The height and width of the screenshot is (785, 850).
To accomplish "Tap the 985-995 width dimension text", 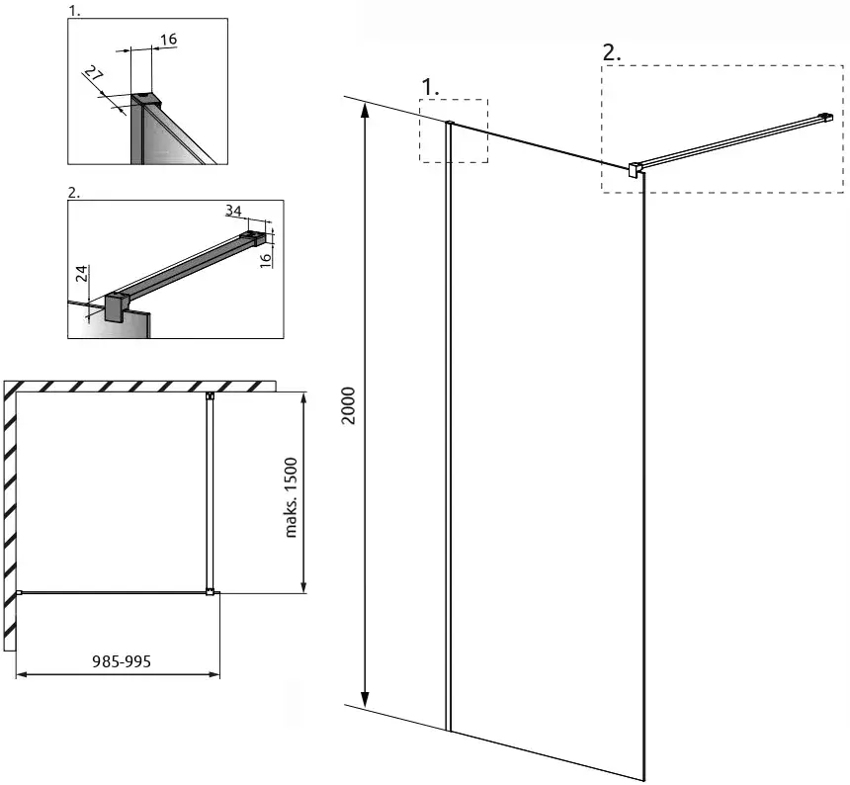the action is (122, 661).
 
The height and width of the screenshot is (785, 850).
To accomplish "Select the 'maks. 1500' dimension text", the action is (292, 497).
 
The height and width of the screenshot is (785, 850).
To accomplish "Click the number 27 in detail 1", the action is (93, 73).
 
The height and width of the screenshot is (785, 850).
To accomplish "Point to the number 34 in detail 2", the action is (233, 211).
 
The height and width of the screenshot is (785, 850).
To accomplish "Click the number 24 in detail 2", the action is (81, 274).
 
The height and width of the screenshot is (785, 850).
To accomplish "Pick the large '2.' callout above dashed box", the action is (612, 53).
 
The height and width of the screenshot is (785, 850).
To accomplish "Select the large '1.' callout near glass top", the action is (430, 87).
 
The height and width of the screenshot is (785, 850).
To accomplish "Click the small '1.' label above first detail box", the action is (74, 10).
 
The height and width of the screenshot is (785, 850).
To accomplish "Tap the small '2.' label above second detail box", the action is (74, 193).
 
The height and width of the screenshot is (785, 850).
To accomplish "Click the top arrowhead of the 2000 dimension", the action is (366, 110).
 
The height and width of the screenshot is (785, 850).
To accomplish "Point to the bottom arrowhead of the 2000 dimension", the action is (366, 699).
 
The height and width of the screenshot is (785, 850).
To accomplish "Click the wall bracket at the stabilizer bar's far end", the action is (825, 117).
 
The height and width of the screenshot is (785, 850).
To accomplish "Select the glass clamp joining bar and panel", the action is (635, 169).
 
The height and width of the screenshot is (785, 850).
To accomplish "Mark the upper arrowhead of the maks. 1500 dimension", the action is (303, 400).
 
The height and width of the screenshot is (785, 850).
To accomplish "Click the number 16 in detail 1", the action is (169, 39).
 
